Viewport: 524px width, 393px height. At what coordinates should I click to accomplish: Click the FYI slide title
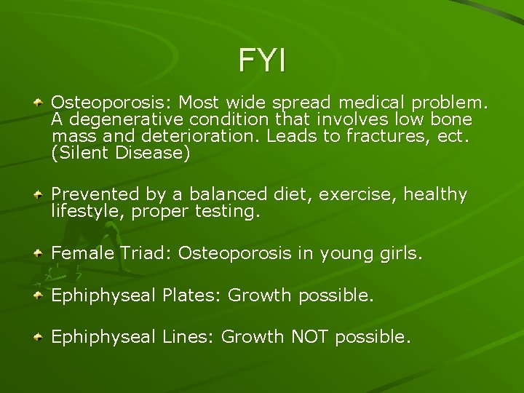coord(262,60)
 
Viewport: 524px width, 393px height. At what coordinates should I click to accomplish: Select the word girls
coord(402,254)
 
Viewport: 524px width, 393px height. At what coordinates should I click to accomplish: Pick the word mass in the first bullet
coord(71,136)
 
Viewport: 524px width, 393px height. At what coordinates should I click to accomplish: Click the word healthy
coord(435,195)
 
